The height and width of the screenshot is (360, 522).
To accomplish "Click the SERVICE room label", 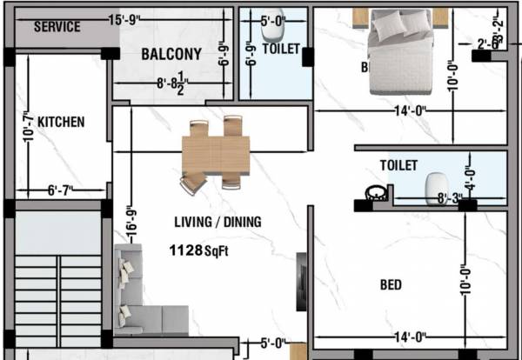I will [x=57, y=27].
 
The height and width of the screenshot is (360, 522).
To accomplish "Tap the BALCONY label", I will [x=171, y=54].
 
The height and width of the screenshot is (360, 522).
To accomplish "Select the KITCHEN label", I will [x=61, y=123].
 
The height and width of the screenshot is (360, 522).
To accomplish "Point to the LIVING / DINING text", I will [x=217, y=222].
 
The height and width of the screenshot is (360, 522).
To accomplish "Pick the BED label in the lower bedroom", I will [x=391, y=284].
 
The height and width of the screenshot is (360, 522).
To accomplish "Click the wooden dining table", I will [x=216, y=155].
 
